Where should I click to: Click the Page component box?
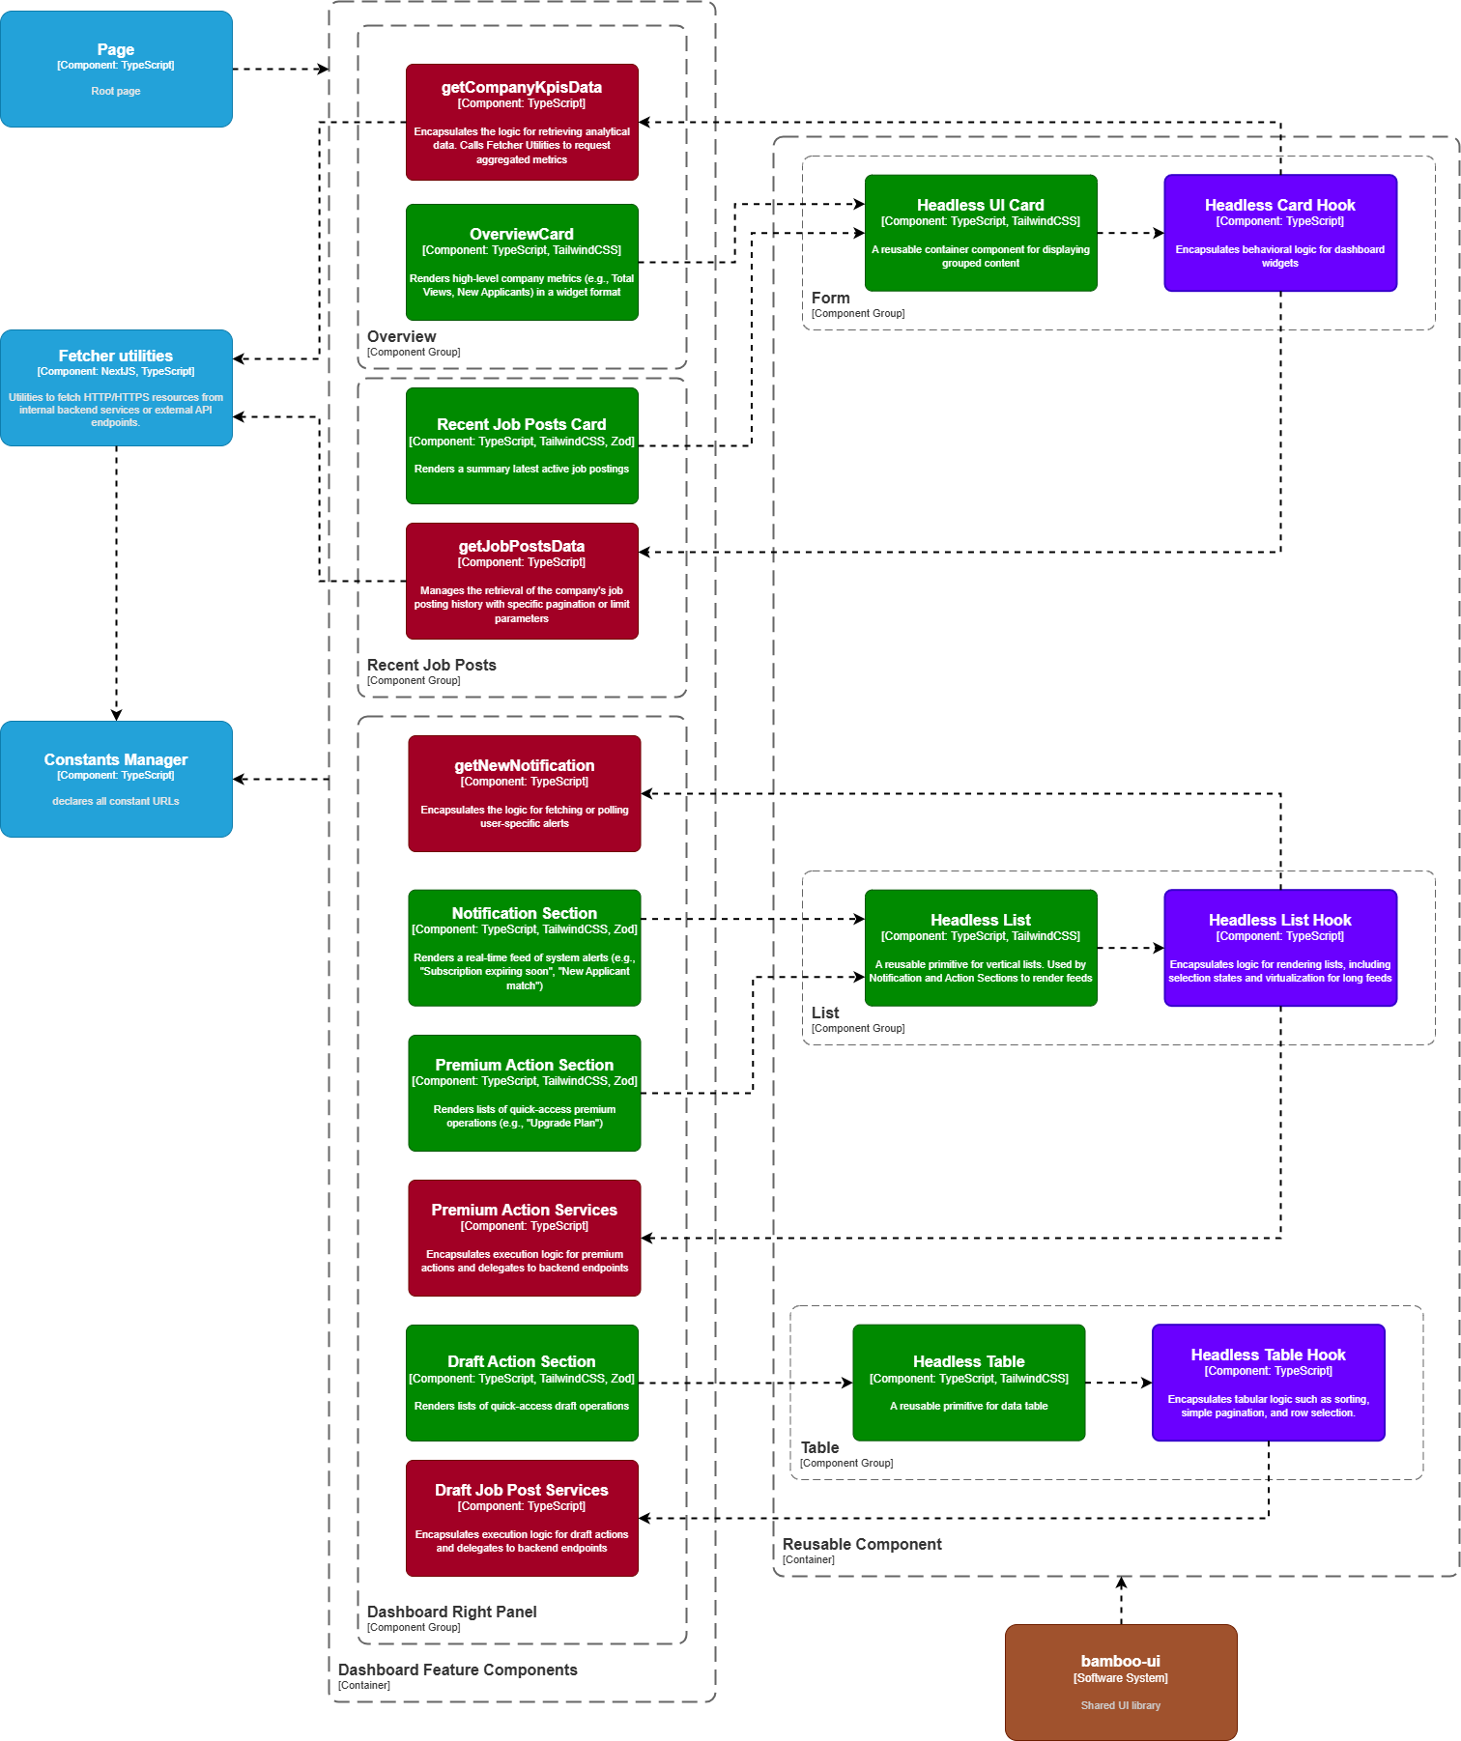point(116,69)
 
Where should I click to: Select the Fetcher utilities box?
point(116,387)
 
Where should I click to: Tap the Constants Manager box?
point(116,779)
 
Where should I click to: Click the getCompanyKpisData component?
point(522,122)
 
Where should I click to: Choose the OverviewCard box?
point(522,262)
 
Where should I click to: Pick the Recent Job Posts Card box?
point(522,445)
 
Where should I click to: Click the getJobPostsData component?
point(522,581)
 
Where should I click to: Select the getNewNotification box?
point(524,793)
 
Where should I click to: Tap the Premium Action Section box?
point(524,1093)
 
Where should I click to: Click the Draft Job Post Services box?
point(522,1518)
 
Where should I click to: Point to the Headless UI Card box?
point(981,233)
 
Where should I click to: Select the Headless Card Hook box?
point(1280,233)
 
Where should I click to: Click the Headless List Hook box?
point(1280,948)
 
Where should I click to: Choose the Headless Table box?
point(968,1383)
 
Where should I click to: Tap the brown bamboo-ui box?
point(1121,1682)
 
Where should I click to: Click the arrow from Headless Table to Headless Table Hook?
point(1118,1383)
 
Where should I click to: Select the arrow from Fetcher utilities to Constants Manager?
point(116,580)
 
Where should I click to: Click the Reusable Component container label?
point(862,1544)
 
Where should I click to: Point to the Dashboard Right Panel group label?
point(451,1612)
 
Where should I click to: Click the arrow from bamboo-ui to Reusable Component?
point(1121,1600)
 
